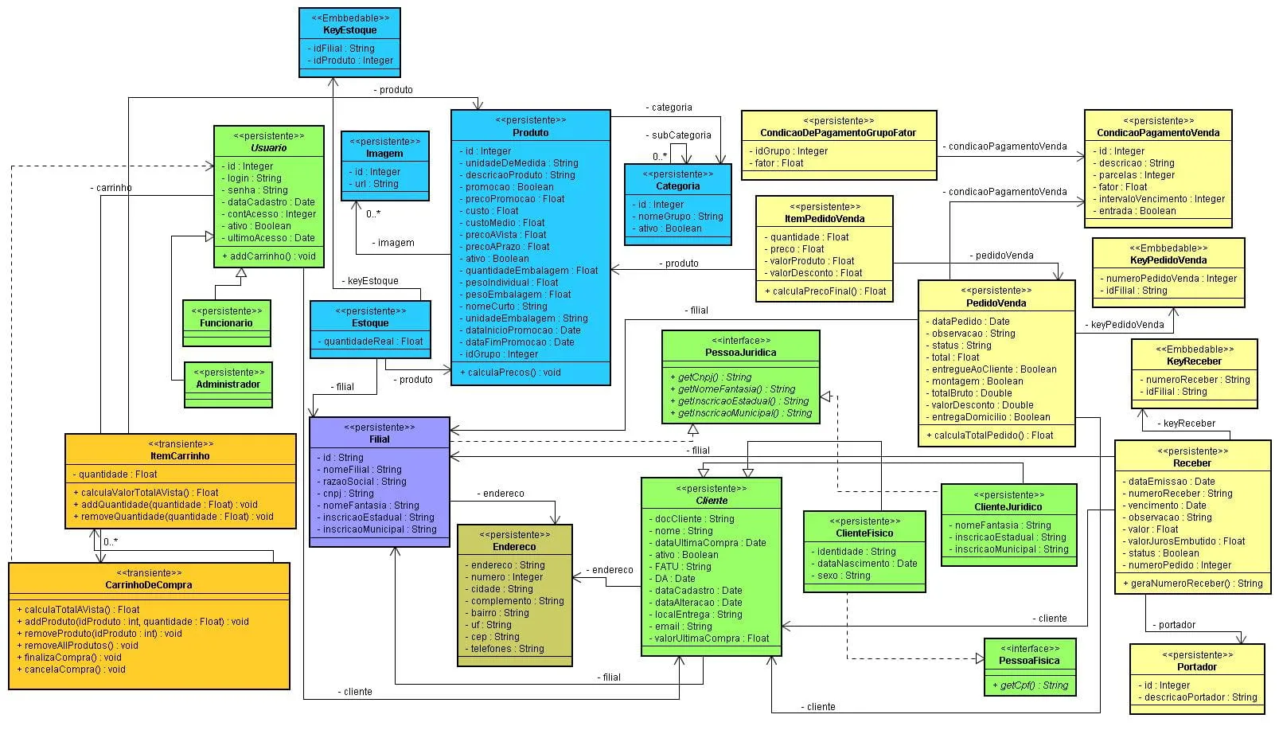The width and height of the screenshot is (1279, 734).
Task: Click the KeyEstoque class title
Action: [349, 30]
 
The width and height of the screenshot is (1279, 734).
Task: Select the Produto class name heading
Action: [530, 133]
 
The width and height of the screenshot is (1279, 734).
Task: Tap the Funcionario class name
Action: [226, 323]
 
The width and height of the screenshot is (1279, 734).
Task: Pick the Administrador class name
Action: [228, 385]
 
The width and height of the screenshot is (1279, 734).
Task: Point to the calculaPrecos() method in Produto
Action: [510, 373]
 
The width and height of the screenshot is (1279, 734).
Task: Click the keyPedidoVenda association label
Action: [1126, 325]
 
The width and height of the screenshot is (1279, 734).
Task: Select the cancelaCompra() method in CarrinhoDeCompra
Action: [72, 670]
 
